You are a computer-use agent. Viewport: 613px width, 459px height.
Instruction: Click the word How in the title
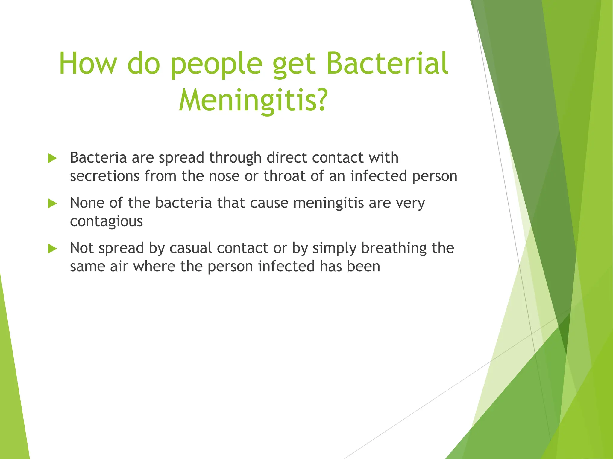click(87, 63)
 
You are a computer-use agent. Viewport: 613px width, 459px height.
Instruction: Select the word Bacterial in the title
click(387, 63)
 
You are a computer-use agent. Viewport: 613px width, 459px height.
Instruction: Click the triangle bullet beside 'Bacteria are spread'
click(52, 158)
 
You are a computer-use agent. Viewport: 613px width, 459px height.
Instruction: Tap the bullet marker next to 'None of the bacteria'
click(52, 204)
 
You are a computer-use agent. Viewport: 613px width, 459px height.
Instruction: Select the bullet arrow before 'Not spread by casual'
click(52, 249)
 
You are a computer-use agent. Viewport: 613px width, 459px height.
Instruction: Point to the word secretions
click(104, 176)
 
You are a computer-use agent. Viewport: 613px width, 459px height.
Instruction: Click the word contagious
click(106, 221)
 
